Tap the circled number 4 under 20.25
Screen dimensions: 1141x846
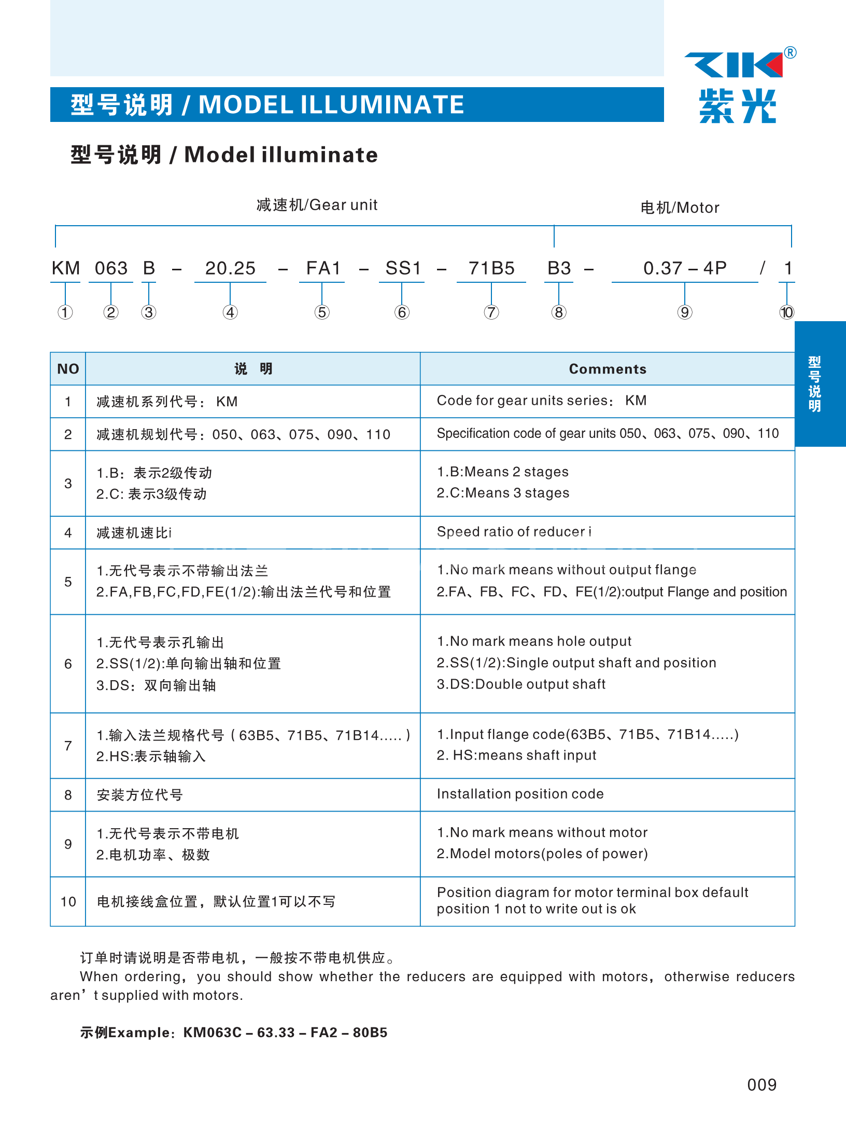point(230,312)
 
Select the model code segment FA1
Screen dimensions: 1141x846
point(323,268)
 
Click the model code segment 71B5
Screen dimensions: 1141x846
point(491,268)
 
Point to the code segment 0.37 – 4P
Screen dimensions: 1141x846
point(684,268)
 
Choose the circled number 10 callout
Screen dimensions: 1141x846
point(786,312)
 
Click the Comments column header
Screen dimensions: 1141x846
point(608,369)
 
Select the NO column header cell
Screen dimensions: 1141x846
point(68,369)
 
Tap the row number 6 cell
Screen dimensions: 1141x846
point(68,664)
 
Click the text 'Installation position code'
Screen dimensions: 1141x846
point(520,794)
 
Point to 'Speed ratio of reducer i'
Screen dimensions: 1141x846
point(514,532)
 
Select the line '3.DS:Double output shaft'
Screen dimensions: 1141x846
point(521,684)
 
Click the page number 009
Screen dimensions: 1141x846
point(762,1084)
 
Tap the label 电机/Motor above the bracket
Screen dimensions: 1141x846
point(680,208)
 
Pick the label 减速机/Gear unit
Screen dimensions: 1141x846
point(317,205)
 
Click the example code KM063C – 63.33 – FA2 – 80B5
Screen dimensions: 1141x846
point(285,1033)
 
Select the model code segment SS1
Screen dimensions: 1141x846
point(403,268)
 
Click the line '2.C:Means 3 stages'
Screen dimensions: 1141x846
point(503,493)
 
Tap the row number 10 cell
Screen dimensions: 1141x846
point(68,902)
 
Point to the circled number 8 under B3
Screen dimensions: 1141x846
point(559,312)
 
